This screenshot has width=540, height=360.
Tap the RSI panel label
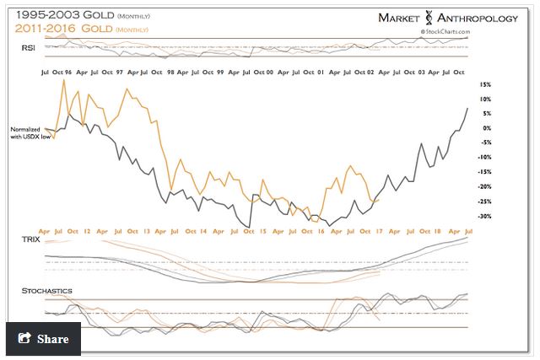(28, 48)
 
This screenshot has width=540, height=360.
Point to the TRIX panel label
(31, 240)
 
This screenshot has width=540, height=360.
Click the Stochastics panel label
(46, 291)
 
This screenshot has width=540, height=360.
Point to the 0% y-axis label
(484, 128)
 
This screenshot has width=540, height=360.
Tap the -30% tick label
(483, 216)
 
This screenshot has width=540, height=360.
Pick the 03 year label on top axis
(421, 73)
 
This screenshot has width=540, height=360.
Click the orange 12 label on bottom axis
(88, 229)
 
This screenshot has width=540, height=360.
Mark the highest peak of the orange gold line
(64, 81)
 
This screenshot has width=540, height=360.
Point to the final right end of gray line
(467, 108)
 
